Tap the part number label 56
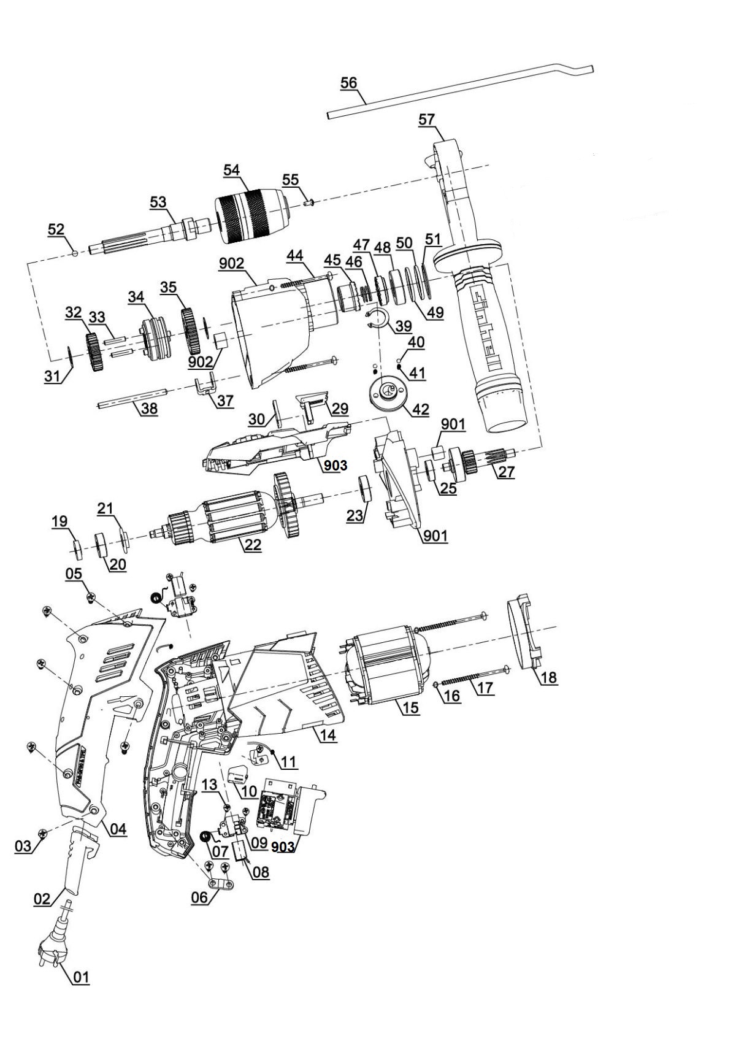pyautogui.click(x=348, y=83)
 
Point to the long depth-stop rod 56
pyautogui.click(x=460, y=91)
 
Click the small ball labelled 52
pyautogui.click(x=74, y=252)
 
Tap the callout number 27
pyautogui.click(x=506, y=473)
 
